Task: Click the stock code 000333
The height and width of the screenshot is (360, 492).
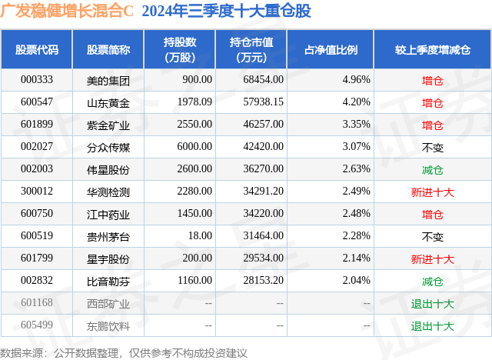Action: coord(37,79)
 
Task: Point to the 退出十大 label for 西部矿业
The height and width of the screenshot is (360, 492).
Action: coord(433,304)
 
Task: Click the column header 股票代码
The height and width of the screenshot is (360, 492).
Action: coord(37,50)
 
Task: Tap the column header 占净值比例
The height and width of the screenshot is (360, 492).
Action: coord(337,50)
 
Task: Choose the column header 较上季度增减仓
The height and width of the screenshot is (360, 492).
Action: coord(433,50)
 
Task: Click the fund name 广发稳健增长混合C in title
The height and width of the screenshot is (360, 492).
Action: coord(68,12)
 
